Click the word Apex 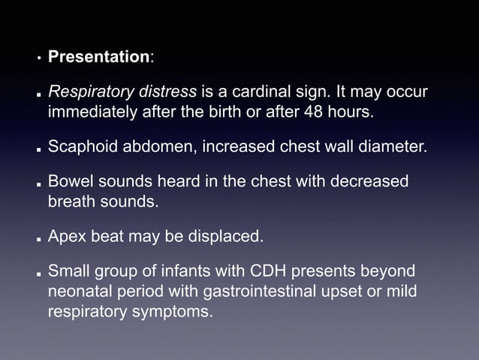65,237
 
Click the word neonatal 81,291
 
